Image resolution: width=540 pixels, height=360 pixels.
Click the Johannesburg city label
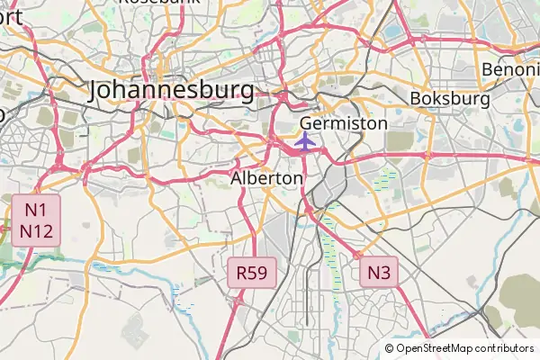pyautogui.click(x=172, y=90)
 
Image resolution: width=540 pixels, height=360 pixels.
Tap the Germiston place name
pyautogui.click(x=343, y=122)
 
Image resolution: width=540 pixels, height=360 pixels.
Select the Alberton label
pyautogui.click(x=266, y=178)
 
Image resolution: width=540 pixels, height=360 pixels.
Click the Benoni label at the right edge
pyautogui.click(x=510, y=69)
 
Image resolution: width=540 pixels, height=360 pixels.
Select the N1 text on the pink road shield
pyautogui.click(x=35, y=210)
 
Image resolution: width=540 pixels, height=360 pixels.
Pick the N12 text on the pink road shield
pyautogui.click(x=35, y=231)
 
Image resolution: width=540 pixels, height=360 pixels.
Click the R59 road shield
pyautogui.click(x=251, y=272)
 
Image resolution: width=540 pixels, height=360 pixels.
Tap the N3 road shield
pyautogui.click(x=378, y=271)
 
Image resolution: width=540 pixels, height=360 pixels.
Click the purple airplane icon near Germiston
pyautogui.click(x=305, y=141)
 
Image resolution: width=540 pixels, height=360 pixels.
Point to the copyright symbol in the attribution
pyautogui.click(x=389, y=348)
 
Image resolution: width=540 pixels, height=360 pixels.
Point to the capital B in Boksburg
pyautogui.click(x=415, y=97)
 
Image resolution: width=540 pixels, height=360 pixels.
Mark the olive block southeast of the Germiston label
pyautogui.click(x=400, y=142)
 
